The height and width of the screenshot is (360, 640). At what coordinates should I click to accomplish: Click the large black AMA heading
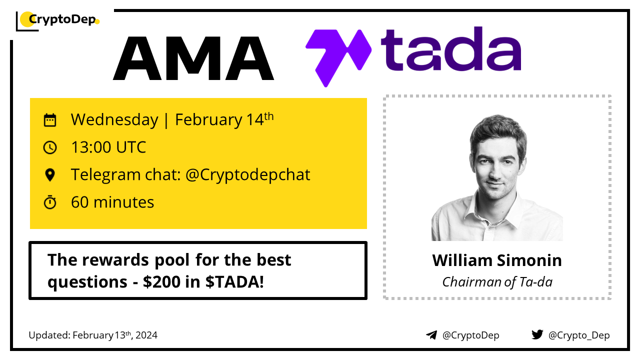(x=193, y=58)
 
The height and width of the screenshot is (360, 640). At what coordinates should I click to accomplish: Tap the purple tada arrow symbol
(x=338, y=58)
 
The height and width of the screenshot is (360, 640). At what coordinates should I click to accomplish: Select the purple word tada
(x=451, y=48)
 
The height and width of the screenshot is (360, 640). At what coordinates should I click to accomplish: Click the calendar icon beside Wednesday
(x=49, y=120)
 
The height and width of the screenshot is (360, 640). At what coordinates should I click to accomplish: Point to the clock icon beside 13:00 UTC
(x=49, y=147)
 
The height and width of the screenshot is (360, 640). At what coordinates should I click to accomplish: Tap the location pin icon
(x=49, y=175)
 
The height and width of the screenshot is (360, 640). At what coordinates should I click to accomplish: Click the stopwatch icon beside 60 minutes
(x=49, y=202)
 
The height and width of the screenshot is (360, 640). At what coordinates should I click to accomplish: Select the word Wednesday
(x=114, y=119)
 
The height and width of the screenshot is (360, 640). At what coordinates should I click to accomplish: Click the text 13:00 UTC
(x=108, y=147)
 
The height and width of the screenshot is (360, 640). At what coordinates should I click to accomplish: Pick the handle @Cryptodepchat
(x=247, y=175)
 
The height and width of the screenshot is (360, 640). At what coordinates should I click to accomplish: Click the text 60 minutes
(x=112, y=202)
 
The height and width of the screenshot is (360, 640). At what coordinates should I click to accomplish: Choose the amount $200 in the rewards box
(x=161, y=282)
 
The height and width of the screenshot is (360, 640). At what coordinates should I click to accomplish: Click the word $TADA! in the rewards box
(x=234, y=282)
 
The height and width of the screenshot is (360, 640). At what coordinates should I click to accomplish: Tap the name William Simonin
(x=497, y=260)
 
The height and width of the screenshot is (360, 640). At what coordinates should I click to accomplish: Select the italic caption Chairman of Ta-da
(x=497, y=282)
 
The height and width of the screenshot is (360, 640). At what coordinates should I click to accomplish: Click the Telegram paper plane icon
(x=431, y=335)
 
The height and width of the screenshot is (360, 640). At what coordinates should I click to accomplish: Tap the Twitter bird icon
(x=537, y=334)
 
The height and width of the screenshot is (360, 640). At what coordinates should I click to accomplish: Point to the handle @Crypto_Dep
(x=579, y=335)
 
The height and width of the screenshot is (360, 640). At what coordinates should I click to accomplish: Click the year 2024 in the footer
(x=146, y=335)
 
